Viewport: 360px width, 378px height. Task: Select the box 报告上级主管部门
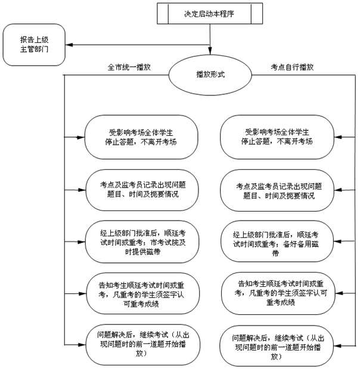coord(34,45)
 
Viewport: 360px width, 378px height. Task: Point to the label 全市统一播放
coord(128,67)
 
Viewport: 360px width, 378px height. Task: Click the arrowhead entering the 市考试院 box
coord(82,241)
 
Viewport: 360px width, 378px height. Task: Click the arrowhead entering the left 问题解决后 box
coord(82,344)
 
